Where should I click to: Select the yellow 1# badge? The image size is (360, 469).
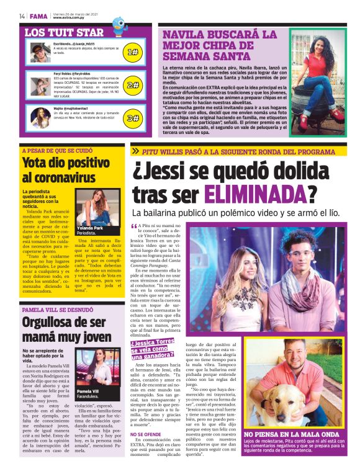point(133,52)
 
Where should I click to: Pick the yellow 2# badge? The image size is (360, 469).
point(133,85)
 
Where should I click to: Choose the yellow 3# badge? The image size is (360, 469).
point(133,117)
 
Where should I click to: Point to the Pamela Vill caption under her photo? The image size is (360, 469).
point(87,392)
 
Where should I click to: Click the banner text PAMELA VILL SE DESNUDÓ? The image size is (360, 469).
point(58,309)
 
